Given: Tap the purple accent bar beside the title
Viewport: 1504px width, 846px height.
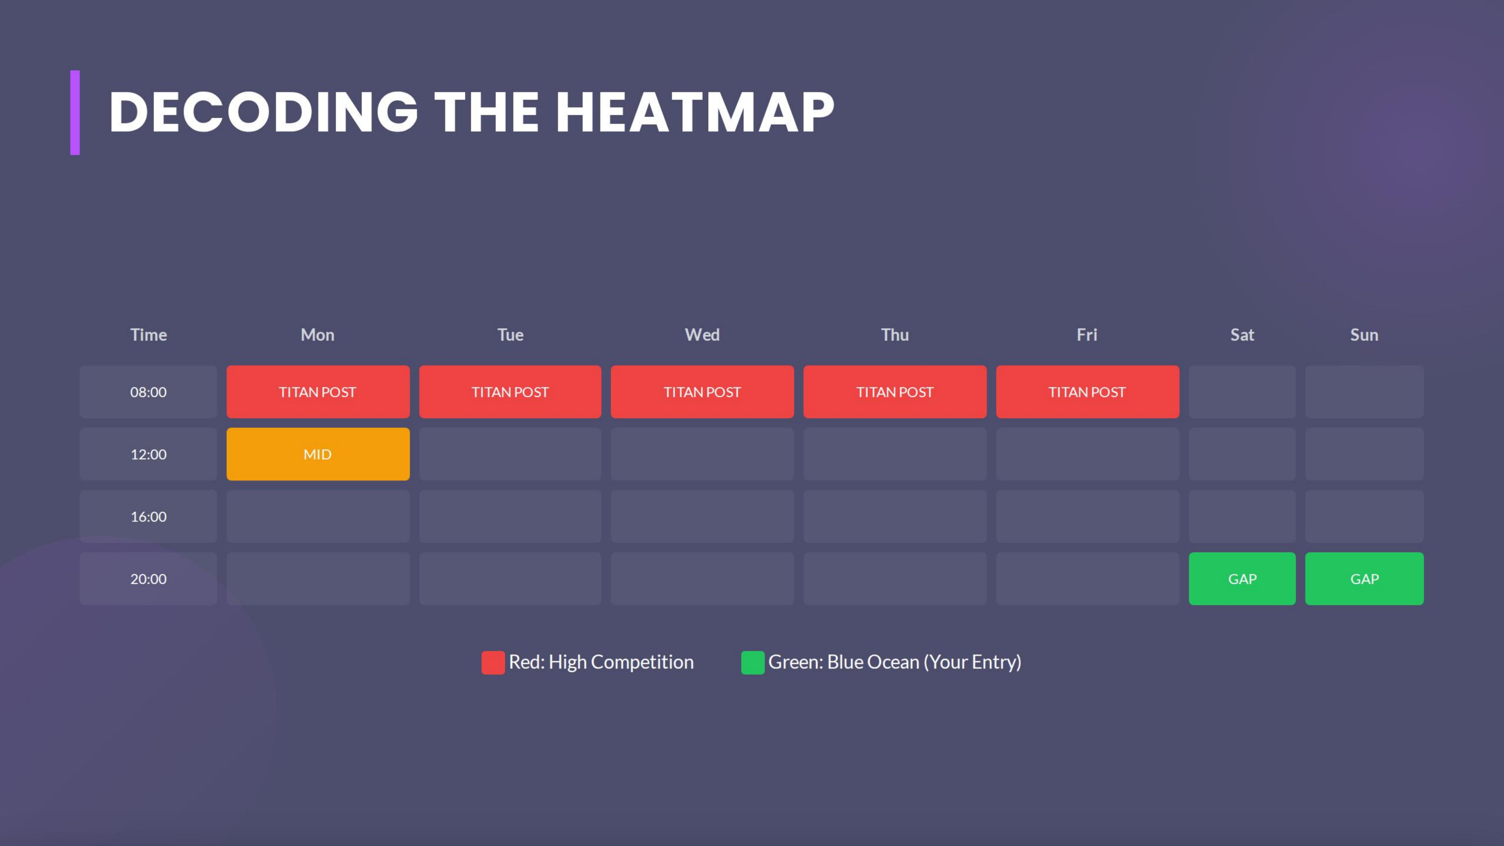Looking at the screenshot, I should tap(75, 113).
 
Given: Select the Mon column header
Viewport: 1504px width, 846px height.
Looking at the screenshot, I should tap(317, 334).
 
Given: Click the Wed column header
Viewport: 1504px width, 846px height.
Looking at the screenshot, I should tap(702, 334).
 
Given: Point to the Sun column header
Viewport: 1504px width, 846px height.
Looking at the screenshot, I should tap(1364, 334).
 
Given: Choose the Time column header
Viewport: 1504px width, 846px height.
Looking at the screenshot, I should tap(148, 334).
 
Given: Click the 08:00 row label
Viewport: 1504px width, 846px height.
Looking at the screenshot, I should tap(148, 392).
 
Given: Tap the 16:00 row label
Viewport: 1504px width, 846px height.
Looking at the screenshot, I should tap(148, 516).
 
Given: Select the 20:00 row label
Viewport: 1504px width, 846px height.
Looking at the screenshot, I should tap(148, 579).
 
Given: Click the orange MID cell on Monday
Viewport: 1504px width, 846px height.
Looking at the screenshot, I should tap(317, 454).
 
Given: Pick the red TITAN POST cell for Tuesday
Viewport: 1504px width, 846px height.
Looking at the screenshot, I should tap(510, 392).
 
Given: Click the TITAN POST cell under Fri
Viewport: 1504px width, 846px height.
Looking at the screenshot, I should tap(1087, 392).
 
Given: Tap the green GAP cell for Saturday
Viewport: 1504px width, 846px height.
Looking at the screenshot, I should tap(1242, 579).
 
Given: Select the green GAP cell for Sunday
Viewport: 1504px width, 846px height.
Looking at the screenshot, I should tap(1364, 579).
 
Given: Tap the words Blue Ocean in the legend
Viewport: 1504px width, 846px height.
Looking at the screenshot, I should tap(873, 662).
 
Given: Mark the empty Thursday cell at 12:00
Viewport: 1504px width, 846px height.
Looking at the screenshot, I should tap(894, 454).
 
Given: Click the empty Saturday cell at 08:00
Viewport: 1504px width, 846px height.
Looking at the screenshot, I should tap(1242, 392).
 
